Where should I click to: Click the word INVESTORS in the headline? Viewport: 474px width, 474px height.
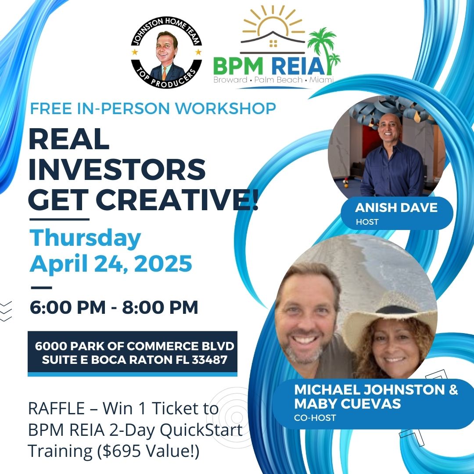117,169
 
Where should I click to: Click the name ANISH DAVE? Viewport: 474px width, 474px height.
396,208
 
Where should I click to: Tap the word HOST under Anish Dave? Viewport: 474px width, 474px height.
367,222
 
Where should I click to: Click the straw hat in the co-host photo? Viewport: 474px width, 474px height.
386,309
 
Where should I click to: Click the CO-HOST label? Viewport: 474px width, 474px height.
315,418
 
